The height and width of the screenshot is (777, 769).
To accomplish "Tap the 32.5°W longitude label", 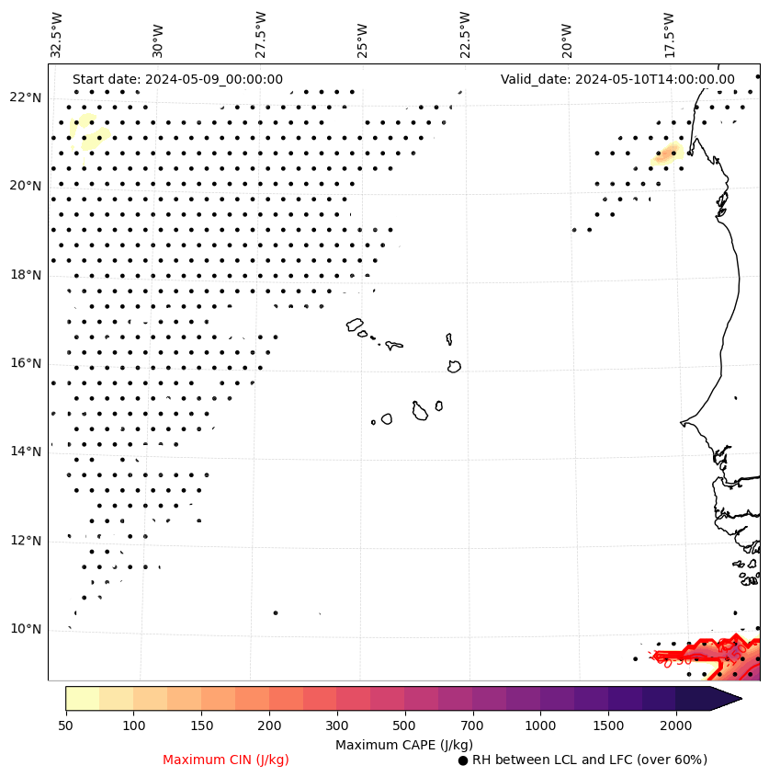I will (57, 35).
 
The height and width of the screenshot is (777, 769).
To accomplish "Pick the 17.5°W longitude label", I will (669, 35).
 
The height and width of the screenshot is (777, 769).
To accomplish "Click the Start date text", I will (177, 80).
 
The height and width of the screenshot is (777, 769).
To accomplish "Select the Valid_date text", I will (617, 80).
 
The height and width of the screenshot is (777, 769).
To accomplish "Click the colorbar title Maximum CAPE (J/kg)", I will (403, 744).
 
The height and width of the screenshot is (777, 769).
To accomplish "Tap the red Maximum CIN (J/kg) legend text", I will (226, 760).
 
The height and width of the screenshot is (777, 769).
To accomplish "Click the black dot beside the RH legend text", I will (463, 760).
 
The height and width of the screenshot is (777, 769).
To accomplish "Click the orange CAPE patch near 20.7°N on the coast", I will (668, 154).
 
